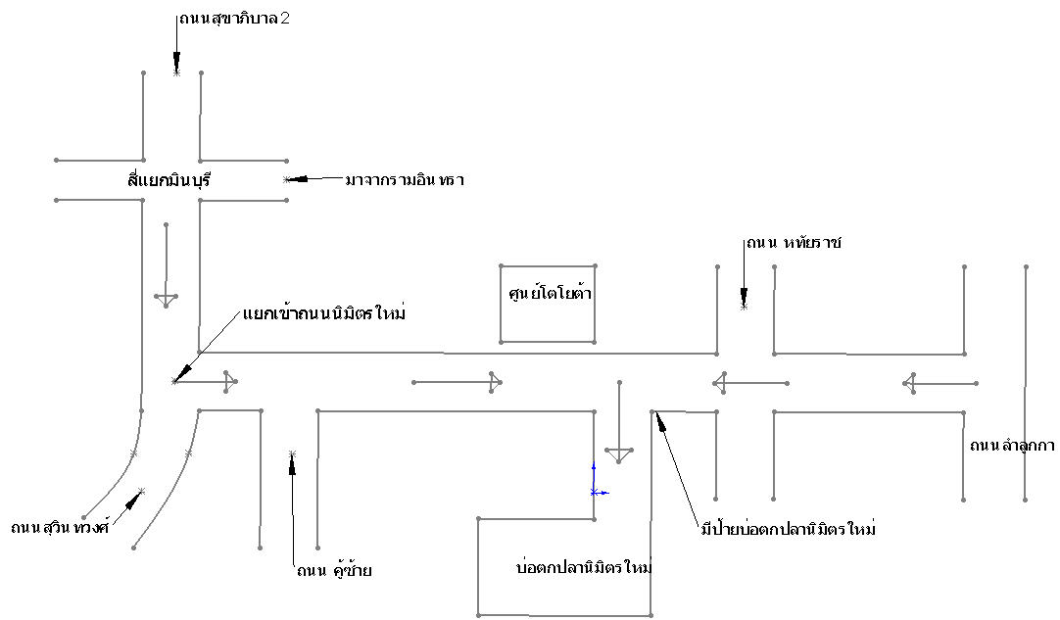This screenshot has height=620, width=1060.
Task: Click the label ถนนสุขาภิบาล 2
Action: [234, 19]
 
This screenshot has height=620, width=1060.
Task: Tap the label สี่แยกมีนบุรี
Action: [169, 179]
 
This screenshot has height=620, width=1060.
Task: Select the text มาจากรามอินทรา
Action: [405, 180]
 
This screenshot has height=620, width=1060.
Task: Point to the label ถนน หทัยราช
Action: [794, 242]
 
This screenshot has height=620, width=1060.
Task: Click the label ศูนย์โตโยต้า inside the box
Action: [550, 292]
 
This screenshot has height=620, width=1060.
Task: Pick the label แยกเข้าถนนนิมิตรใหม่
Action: [324, 313]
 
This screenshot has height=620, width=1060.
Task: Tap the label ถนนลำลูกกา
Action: [1012, 445]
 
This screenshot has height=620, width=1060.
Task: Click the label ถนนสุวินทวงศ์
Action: [60, 527]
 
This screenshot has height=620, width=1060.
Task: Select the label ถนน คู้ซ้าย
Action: [334, 569]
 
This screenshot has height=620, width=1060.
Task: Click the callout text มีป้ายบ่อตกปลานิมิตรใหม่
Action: [789, 528]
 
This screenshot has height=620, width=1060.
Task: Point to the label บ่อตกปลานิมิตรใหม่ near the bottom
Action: [584, 566]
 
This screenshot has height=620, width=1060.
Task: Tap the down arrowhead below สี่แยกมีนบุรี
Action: [166, 300]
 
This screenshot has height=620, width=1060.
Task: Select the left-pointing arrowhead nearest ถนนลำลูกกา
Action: [909, 383]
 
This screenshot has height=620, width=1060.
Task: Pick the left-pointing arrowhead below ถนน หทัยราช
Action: [719, 383]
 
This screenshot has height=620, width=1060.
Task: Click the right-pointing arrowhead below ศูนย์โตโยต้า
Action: [496, 382]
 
